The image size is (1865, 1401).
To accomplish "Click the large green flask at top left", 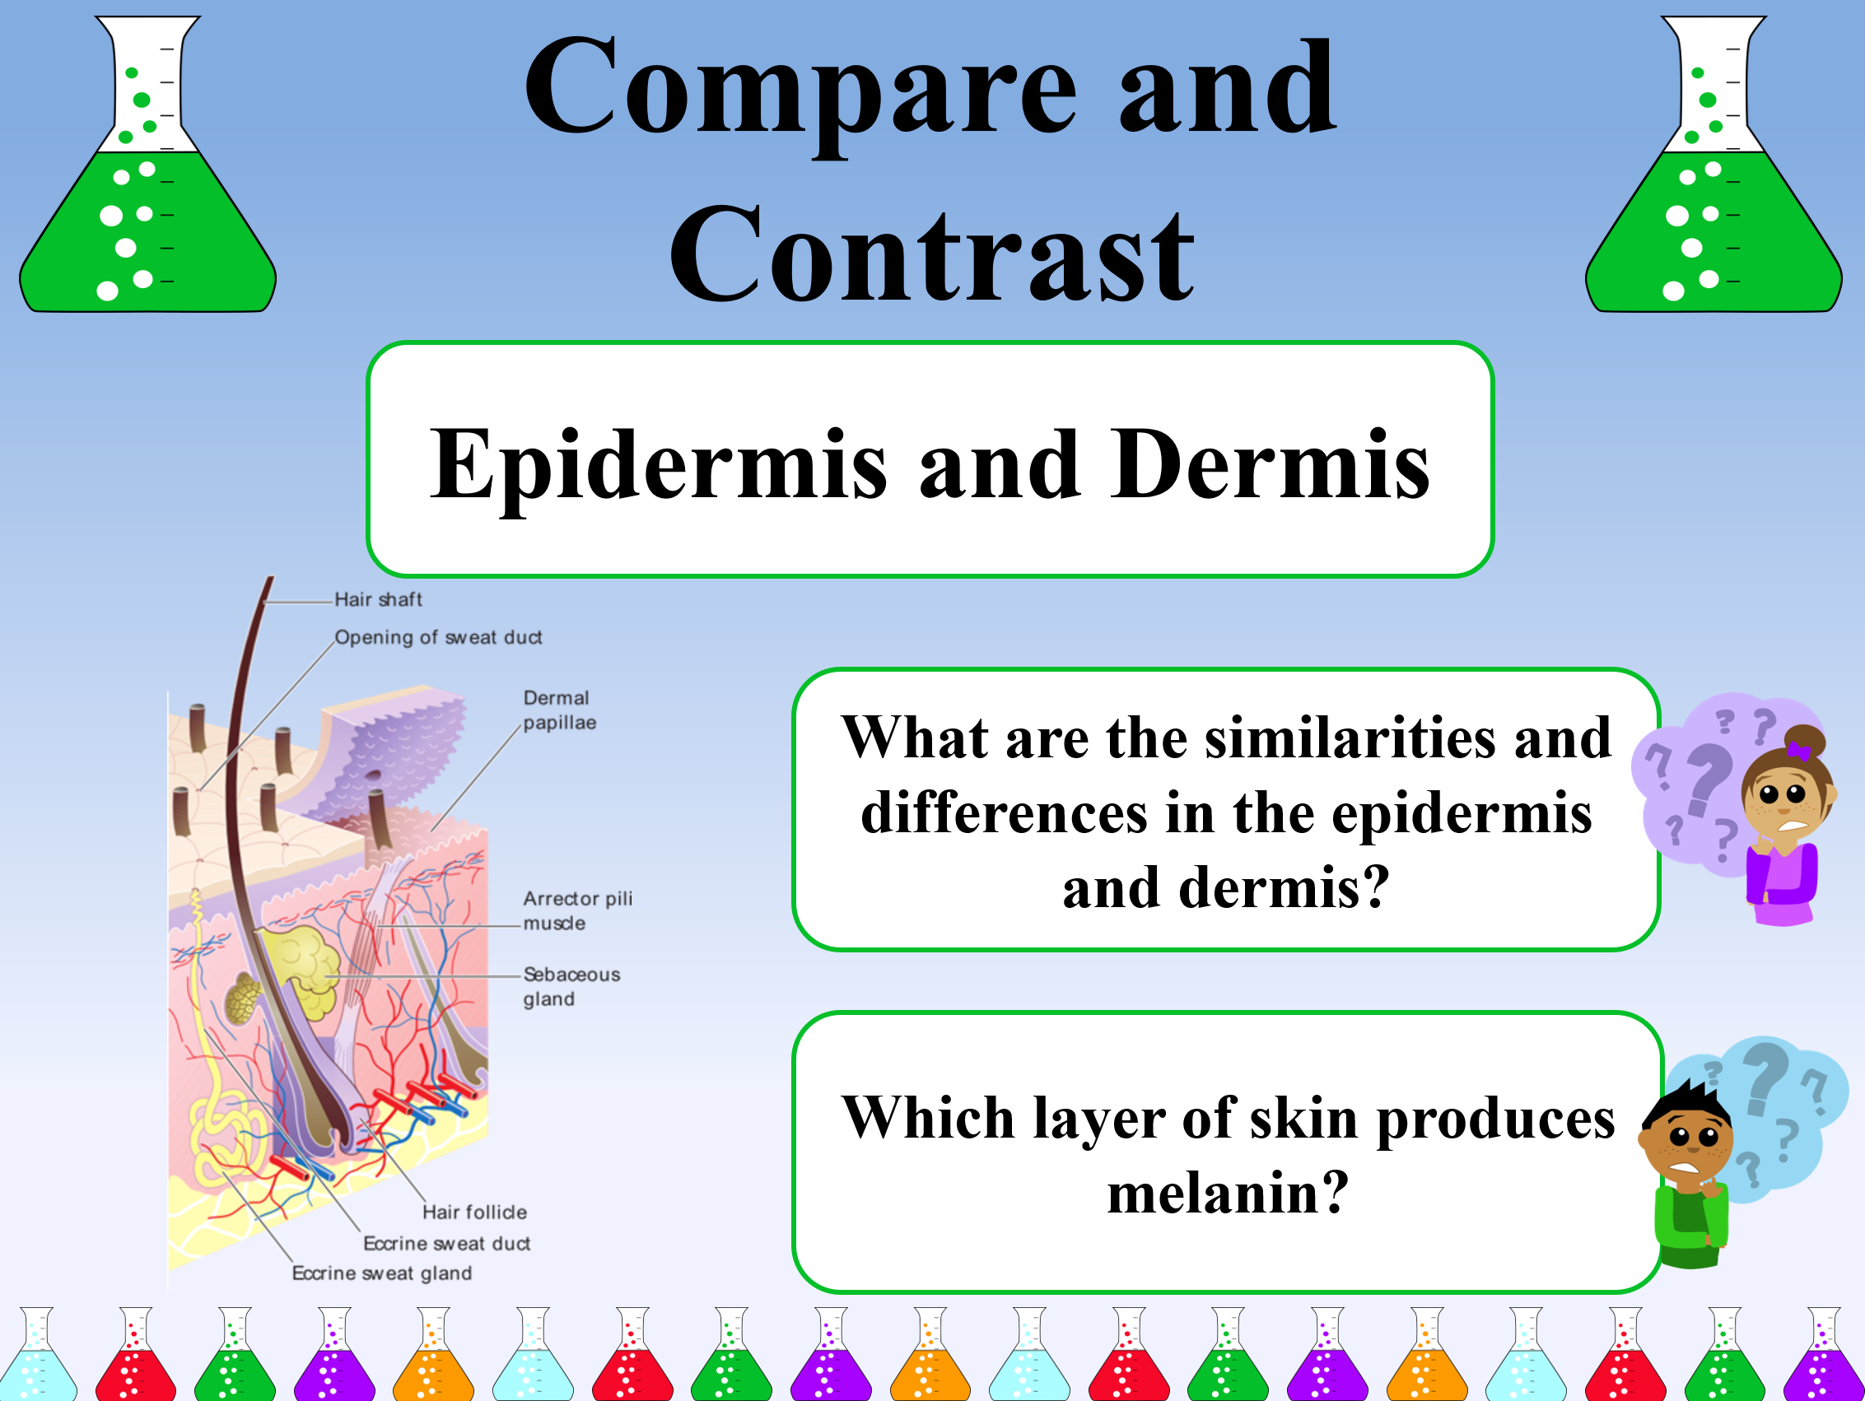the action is pos(147,165).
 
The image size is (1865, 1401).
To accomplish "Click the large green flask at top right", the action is pos(1714,165).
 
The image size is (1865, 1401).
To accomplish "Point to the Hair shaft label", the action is pos(378,599).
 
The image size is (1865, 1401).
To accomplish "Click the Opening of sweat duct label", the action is pos(438,638).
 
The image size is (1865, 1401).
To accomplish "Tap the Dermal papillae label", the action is pos(559,710).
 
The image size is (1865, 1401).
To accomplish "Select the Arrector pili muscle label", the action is pos(576,910).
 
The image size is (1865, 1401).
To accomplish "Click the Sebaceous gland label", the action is pos(571,986).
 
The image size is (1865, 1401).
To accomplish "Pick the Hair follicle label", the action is pos(474,1212).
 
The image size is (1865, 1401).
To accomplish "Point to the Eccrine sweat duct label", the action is pos(447,1243).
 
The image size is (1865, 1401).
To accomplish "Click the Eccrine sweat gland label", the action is pos(381,1273).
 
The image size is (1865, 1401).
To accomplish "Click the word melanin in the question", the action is pos(1229,1194).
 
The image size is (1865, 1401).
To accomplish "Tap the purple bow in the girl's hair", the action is pos(1798,749).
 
